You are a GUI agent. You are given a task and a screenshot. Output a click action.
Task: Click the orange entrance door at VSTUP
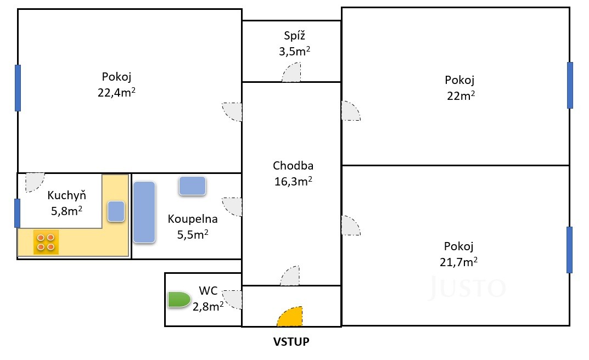point(291,318)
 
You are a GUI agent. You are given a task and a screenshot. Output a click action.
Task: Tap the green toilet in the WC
point(179,300)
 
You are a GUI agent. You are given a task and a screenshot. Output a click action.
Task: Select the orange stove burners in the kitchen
point(46,242)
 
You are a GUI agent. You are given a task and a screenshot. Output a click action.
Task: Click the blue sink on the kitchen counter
point(116,211)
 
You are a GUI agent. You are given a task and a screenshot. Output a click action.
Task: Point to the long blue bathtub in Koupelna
point(144,212)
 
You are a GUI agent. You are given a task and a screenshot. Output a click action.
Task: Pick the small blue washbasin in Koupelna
point(192,186)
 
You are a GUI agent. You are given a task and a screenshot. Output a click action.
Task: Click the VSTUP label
point(291,341)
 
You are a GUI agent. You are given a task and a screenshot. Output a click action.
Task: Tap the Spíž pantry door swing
point(291,72)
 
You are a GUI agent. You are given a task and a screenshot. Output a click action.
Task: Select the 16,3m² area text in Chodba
point(293,181)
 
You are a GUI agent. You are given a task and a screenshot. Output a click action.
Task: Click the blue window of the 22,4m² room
point(18,88)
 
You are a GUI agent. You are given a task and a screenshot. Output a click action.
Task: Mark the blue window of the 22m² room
point(570,85)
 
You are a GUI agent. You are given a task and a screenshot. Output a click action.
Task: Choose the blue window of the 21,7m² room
point(569,250)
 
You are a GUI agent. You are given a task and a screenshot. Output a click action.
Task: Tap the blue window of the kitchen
point(17,213)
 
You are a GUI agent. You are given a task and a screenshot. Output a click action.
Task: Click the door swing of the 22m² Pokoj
point(351,111)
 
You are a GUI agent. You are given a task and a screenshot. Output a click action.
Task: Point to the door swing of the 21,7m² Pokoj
point(351,226)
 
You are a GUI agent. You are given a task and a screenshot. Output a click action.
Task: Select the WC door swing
point(232,300)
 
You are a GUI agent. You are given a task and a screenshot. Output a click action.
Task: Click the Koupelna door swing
point(232,207)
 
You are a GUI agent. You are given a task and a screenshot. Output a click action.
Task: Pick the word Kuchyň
point(67,195)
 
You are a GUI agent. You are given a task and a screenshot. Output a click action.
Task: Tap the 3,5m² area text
point(294,51)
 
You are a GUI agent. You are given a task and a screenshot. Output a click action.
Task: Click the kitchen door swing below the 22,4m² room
point(35,182)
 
